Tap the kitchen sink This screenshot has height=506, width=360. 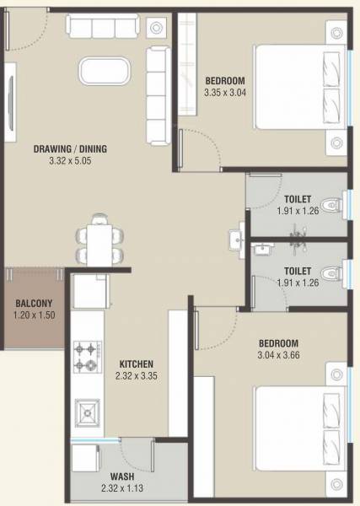[87, 413]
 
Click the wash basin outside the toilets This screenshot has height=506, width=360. [235, 240]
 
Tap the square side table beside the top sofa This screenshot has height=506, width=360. [158, 28]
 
